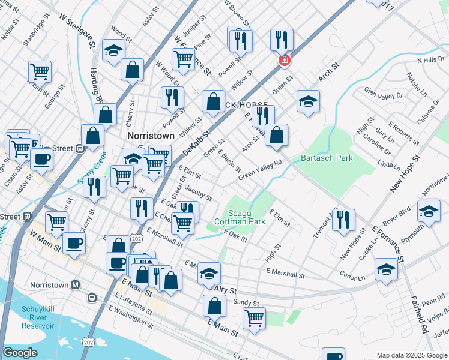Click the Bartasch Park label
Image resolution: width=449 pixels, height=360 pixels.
click(x=327, y=158)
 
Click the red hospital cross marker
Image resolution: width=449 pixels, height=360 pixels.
click(x=283, y=61)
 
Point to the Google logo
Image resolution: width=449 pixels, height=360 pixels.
click(x=20, y=353)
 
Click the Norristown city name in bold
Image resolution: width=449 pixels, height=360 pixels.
click(x=151, y=136)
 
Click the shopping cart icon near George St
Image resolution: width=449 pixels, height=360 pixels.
click(x=40, y=71)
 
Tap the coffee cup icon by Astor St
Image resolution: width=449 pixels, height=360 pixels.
click(x=41, y=159)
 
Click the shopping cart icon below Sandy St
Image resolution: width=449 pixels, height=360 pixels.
click(x=254, y=317)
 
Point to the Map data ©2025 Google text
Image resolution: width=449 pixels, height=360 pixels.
click(x=412, y=355)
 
